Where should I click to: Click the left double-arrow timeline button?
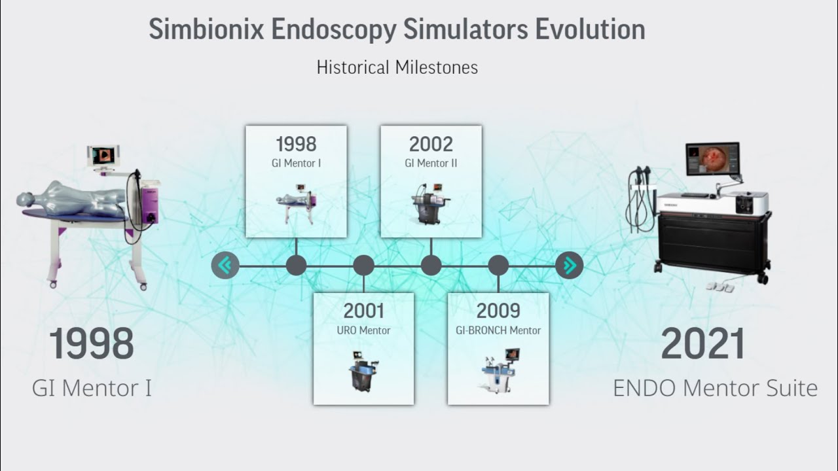(x=225, y=266)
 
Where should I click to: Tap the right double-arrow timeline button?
(x=570, y=266)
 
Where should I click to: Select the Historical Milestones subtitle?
(x=397, y=67)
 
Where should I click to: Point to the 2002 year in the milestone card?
(x=431, y=144)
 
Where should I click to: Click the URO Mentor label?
(x=363, y=330)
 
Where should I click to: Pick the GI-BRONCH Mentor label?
(x=498, y=330)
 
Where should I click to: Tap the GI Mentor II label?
(x=431, y=163)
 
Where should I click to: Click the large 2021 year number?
(x=702, y=344)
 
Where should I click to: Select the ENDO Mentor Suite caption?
(x=715, y=388)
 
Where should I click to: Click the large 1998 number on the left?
(x=92, y=344)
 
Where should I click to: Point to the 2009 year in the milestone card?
(x=498, y=311)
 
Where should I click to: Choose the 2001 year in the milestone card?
(x=363, y=311)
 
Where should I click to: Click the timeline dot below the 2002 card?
(x=431, y=266)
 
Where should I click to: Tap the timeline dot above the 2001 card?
(x=363, y=266)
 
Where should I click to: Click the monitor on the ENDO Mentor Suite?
(x=712, y=159)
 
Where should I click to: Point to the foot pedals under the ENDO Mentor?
(x=720, y=286)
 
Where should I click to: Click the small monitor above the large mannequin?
(x=102, y=156)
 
